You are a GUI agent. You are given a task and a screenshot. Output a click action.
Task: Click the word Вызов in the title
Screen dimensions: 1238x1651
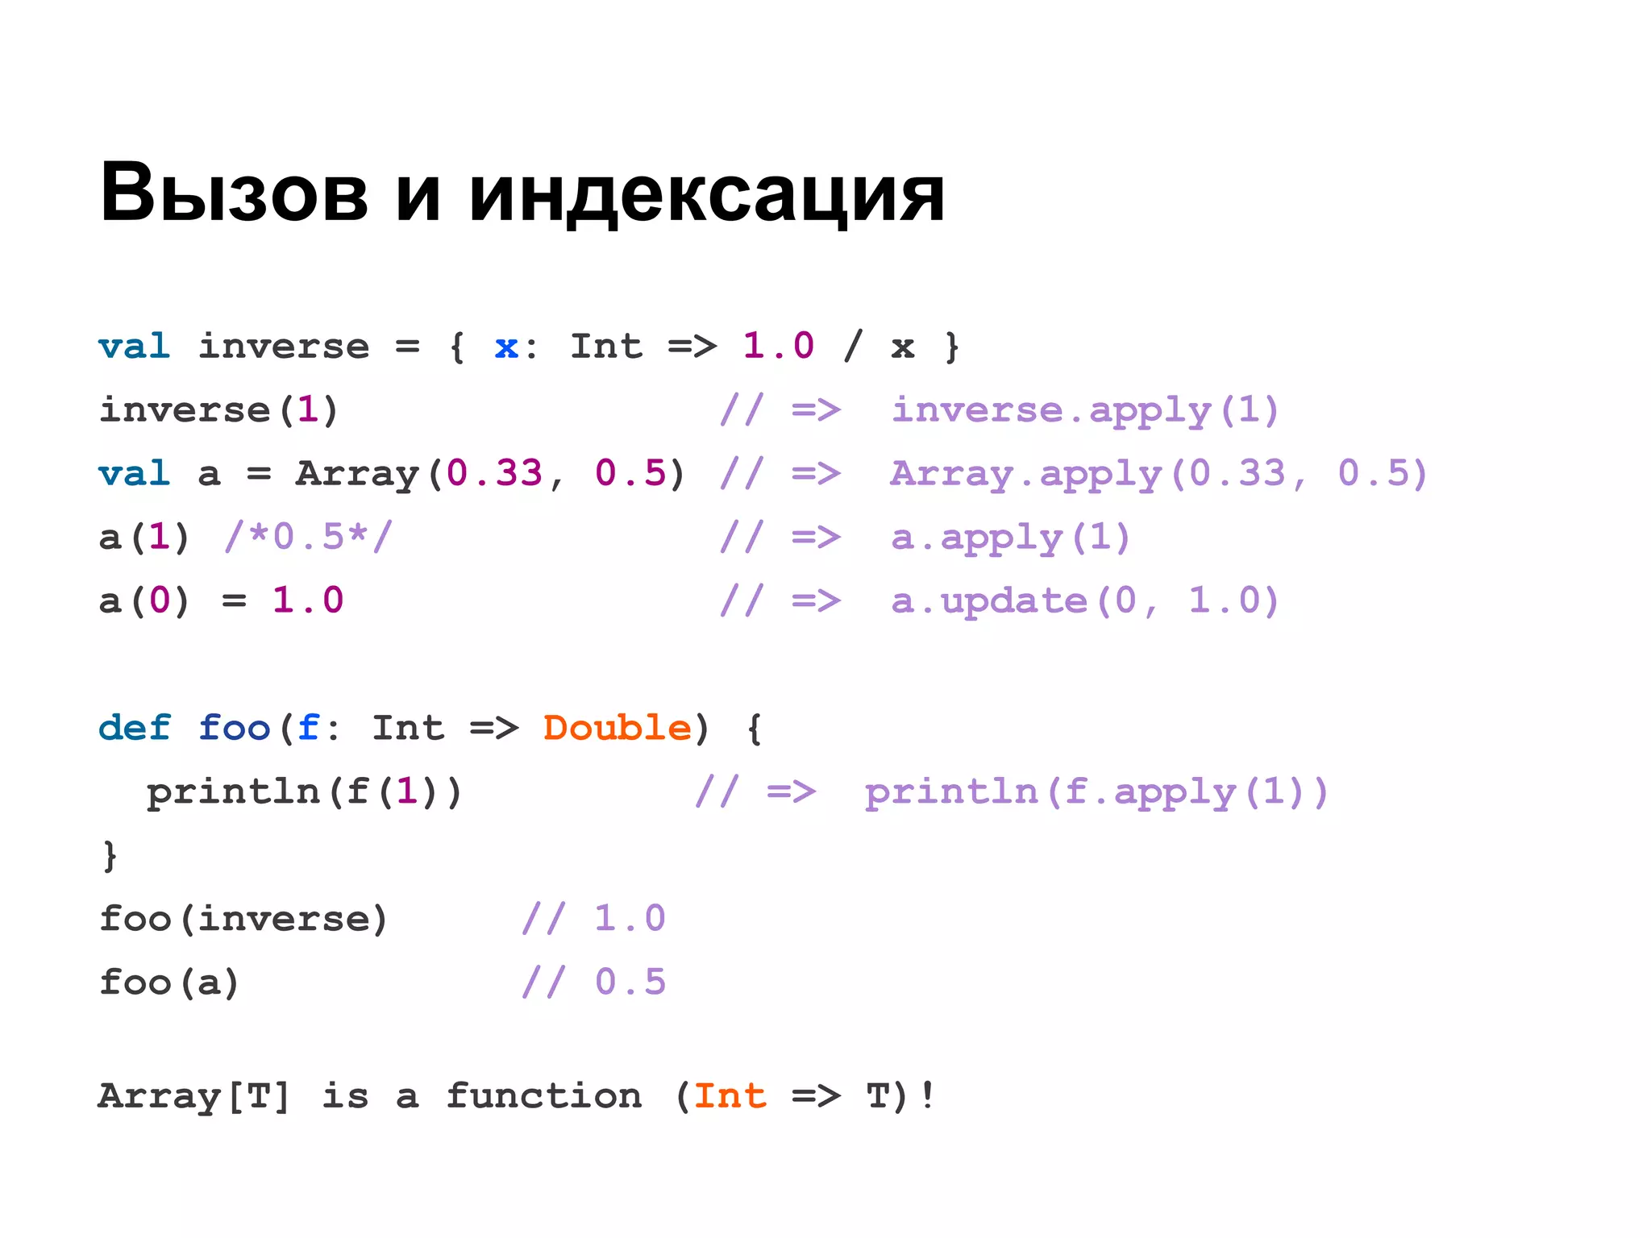[x=234, y=193]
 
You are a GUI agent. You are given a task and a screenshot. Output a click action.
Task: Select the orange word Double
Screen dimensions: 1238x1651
[x=618, y=728]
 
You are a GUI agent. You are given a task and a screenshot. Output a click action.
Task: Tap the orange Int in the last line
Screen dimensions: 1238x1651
[x=730, y=1096]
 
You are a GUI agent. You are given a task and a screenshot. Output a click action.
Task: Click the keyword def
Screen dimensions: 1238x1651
[x=134, y=728]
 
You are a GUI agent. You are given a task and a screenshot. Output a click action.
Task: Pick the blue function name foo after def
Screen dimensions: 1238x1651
[x=234, y=728]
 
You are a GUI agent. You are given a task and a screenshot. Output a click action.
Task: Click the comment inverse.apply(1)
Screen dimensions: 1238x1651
[x=1085, y=410]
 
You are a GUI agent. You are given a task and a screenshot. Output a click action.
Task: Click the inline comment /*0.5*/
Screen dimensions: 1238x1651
[x=308, y=537]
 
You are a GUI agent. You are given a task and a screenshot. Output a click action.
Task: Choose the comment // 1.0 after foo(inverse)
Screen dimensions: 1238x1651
[x=593, y=919]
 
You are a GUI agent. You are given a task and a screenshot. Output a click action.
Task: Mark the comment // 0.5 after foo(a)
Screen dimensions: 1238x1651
[x=593, y=983]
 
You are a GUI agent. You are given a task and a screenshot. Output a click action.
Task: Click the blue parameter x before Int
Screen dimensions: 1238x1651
[x=505, y=347]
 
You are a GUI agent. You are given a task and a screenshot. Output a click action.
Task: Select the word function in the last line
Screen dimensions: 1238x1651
[x=543, y=1096]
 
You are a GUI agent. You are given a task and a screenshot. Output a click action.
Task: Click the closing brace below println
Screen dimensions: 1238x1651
[x=110, y=855]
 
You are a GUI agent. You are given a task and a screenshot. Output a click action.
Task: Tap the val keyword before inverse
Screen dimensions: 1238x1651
[x=134, y=347]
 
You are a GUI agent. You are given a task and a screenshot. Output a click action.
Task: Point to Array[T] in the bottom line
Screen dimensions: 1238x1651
[x=193, y=1096]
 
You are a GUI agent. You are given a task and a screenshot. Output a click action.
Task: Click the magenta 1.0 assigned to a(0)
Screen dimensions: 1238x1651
[x=308, y=600]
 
